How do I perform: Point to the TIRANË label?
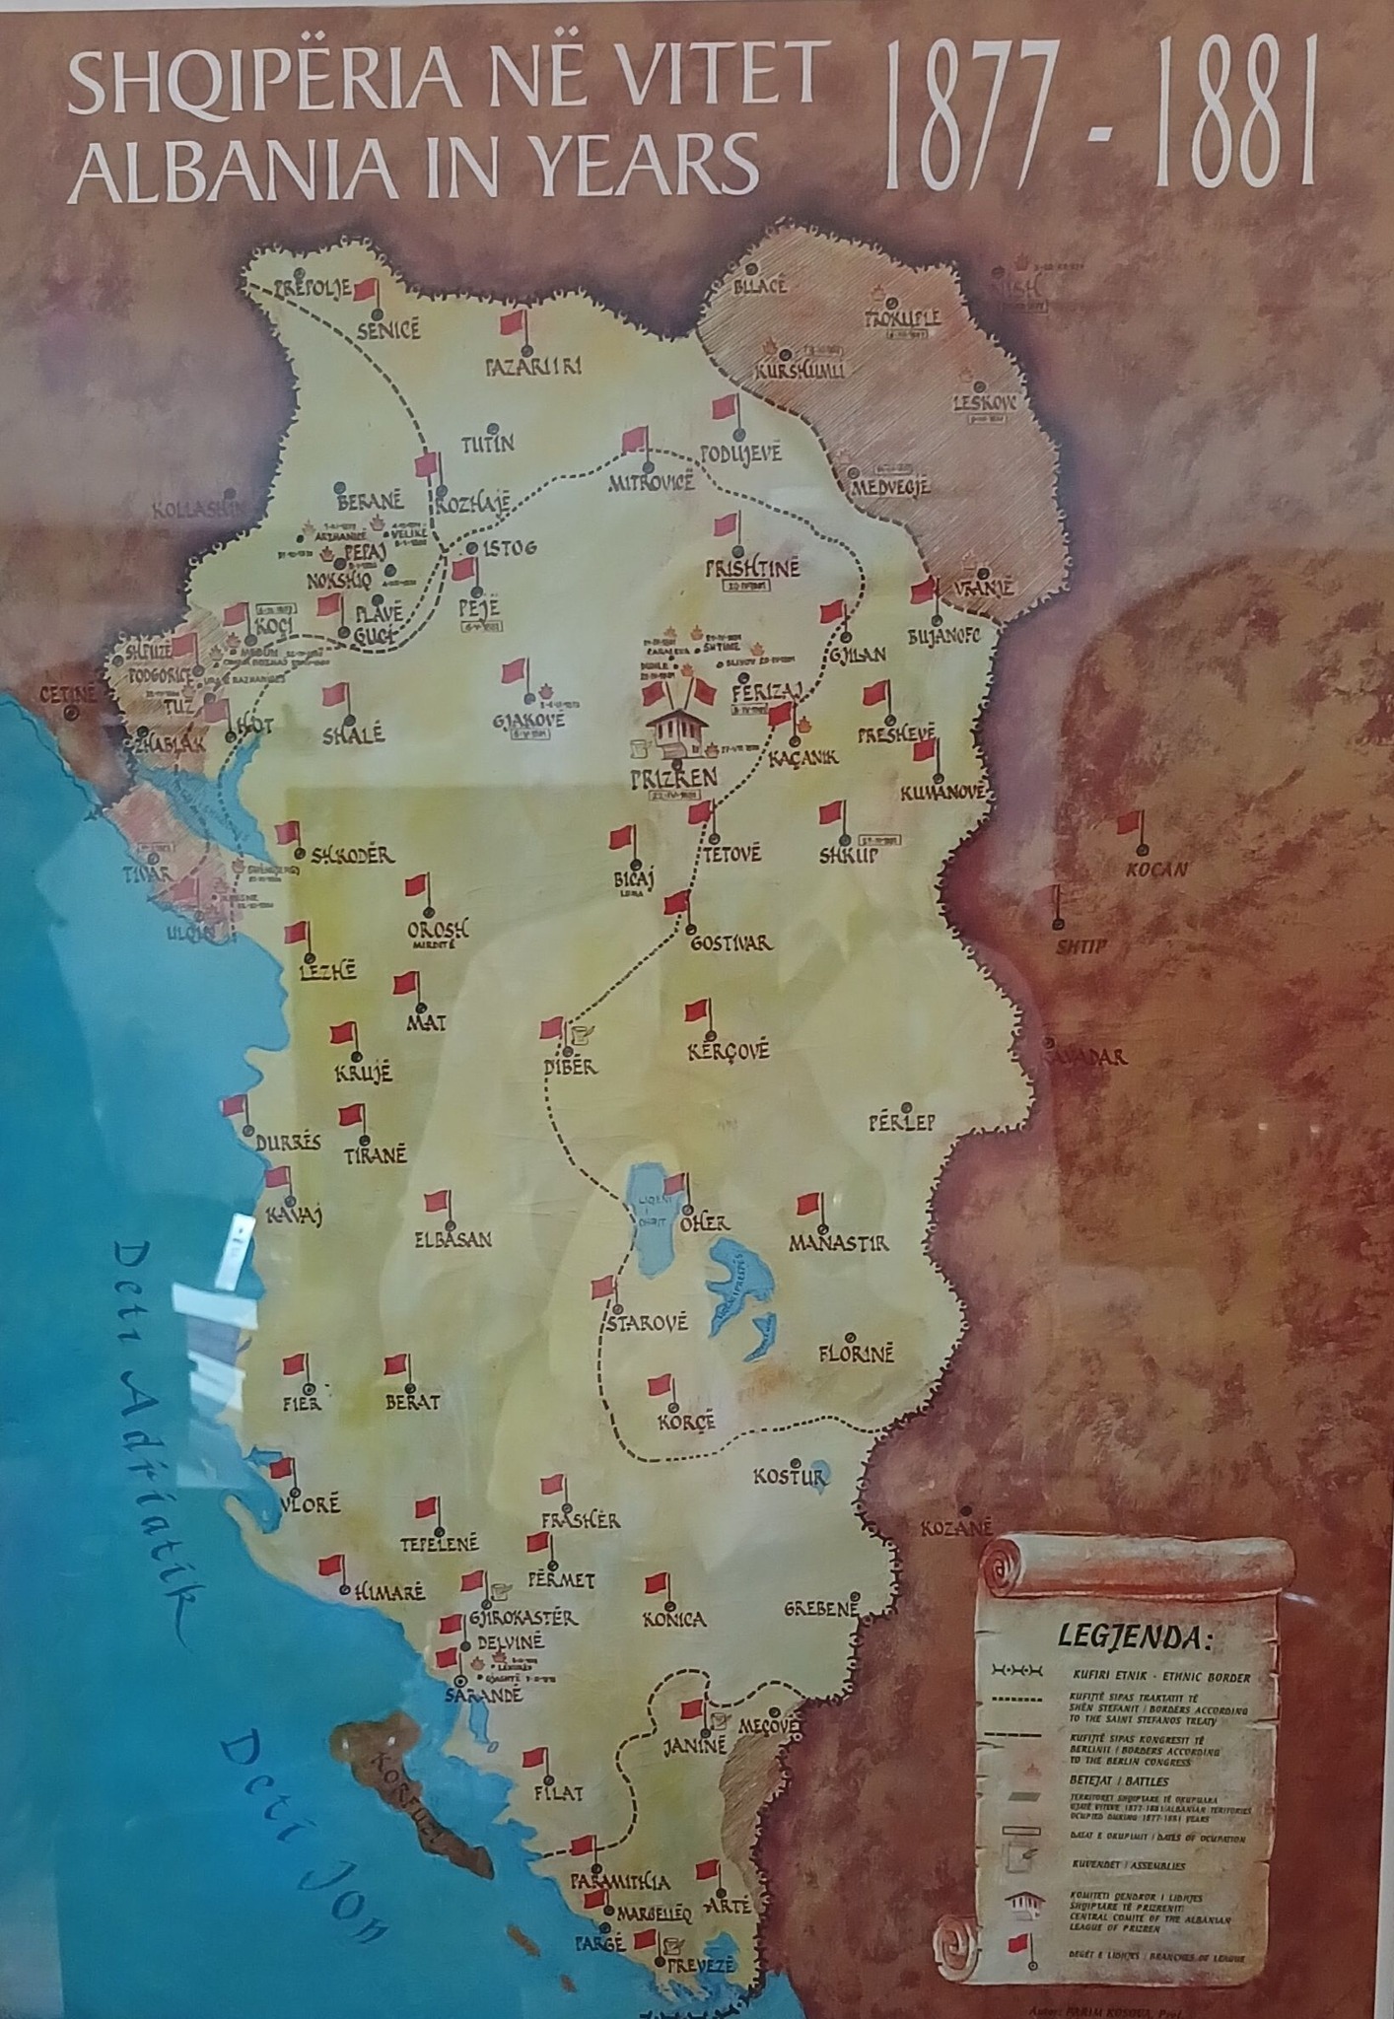point(375,1156)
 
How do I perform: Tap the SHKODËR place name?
point(352,855)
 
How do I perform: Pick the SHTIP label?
point(1082,947)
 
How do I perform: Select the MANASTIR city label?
point(838,1242)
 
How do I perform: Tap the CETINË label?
point(68,694)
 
